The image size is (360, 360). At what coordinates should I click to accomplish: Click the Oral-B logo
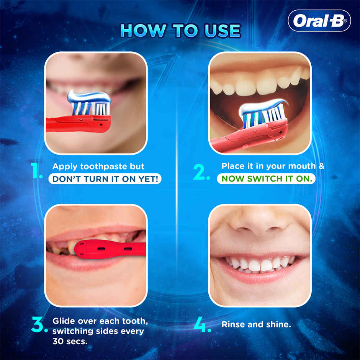[319, 21]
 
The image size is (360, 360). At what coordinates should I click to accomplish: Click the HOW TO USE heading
[180, 31]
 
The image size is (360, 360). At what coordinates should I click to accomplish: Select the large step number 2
[201, 173]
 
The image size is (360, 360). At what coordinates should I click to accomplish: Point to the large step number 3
[39, 324]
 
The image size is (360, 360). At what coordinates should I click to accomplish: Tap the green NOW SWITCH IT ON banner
[266, 179]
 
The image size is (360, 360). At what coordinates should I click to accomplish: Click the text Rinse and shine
[256, 324]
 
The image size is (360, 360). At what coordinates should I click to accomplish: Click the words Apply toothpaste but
[98, 167]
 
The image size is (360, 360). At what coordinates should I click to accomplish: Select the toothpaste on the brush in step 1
[89, 96]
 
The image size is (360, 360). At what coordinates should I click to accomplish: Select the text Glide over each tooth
[100, 321]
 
